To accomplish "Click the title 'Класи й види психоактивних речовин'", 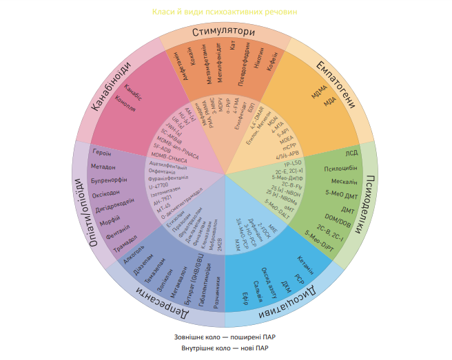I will point(225,12).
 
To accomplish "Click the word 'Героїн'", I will point(102,152).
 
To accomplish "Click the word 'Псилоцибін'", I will point(340,168).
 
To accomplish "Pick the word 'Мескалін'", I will point(345,182).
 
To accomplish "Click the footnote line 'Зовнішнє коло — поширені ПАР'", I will point(225,338).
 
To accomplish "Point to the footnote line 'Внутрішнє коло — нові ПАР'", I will point(225,349).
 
